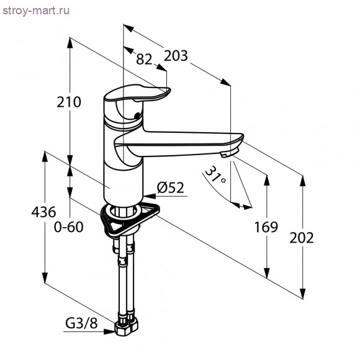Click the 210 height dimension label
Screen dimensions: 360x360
[69, 102]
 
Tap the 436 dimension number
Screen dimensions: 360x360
[43, 212]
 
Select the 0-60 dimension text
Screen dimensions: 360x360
[68, 227]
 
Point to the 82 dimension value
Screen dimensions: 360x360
[144, 59]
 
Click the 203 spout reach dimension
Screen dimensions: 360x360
[176, 56]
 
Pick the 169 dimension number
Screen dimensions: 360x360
[266, 227]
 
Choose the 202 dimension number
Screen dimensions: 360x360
[302, 238]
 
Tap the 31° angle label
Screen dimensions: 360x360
[215, 175]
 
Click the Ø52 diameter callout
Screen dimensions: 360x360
[171, 187]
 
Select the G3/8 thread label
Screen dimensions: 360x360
[81, 323]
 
